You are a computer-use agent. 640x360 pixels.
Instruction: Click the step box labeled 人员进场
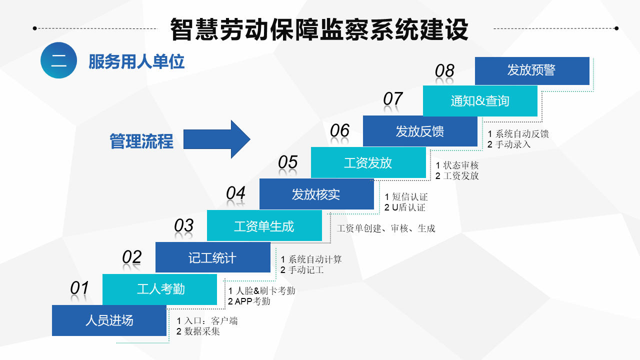click(109, 320)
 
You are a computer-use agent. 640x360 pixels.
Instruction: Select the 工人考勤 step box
click(159, 289)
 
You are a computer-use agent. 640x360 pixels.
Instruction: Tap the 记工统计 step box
click(213, 257)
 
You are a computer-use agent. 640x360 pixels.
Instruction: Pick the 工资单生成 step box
click(264, 225)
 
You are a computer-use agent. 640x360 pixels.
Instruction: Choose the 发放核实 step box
click(316, 194)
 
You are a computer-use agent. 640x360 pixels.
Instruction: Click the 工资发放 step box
click(368, 162)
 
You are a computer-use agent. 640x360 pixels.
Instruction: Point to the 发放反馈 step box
click(420, 131)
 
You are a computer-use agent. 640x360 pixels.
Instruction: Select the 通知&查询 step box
click(480, 101)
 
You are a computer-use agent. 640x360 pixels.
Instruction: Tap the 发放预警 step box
click(532, 71)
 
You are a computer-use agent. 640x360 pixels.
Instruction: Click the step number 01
click(79, 288)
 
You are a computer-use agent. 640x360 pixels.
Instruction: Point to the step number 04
click(235, 193)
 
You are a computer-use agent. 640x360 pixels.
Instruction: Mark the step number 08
click(444, 71)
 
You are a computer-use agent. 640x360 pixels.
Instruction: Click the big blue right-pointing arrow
click(216, 139)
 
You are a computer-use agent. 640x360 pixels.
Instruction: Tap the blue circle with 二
click(58, 60)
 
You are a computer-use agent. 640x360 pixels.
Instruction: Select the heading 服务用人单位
click(136, 61)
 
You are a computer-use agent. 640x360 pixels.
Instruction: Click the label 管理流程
click(141, 141)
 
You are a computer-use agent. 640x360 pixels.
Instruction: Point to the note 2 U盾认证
click(405, 207)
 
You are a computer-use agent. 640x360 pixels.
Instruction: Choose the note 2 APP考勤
click(249, 301)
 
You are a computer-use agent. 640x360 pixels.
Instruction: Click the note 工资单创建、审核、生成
click(386, 228)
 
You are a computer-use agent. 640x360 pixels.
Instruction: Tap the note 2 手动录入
click(509, 144)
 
